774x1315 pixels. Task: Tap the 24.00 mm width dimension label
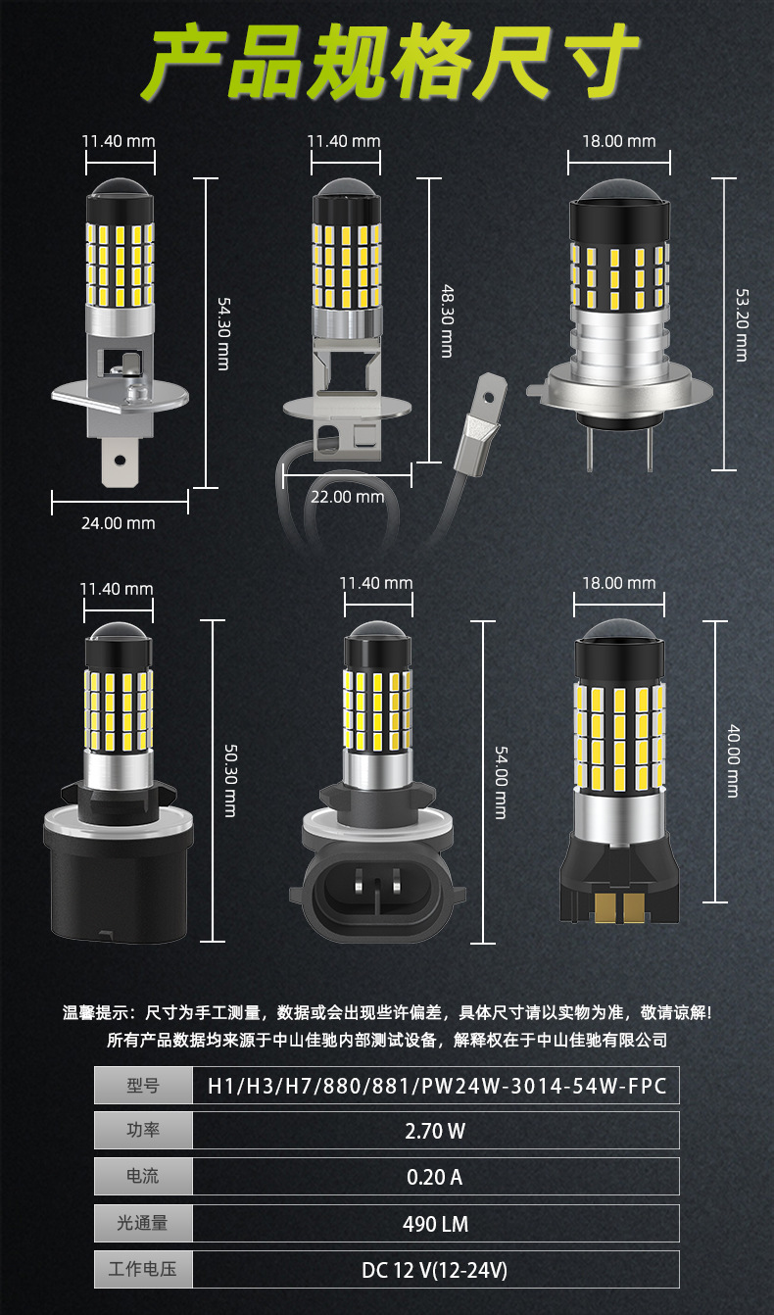(118, 523)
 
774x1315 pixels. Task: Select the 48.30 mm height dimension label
(447, 320)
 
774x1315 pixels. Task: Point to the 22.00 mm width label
(347, 497)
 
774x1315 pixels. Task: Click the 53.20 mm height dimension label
(742, 324)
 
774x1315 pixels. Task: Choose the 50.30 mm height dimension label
(230, 781)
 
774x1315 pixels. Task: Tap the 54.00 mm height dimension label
(501, 781)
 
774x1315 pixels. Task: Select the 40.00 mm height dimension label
(733, 760)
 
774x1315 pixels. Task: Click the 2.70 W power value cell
(435, 1131)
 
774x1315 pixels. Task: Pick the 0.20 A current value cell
(435, 1177)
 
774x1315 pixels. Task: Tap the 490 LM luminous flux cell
(435, 1224)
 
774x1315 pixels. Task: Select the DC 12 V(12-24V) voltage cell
(435, 1271)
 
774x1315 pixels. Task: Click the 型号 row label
(143, 1085)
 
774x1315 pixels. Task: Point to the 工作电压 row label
(143, 1271)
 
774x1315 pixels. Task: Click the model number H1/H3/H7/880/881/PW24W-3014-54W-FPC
(435, 1085)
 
